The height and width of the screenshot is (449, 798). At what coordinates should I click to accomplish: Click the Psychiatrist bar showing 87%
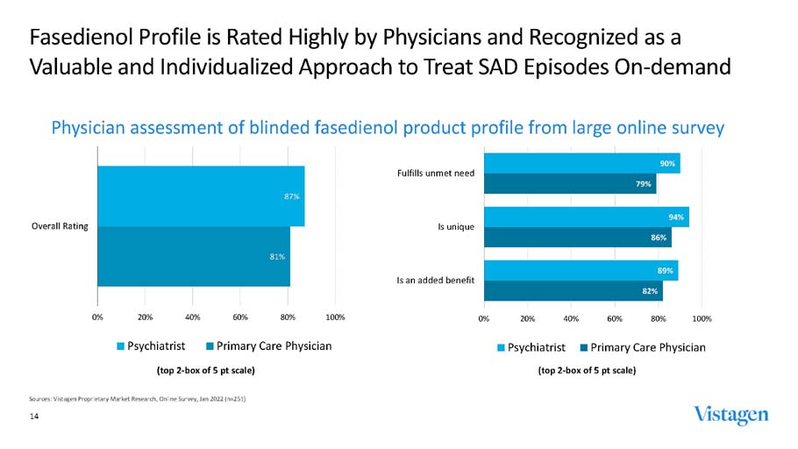click(201, 196)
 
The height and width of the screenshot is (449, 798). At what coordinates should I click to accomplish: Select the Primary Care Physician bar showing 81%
click(194, 256)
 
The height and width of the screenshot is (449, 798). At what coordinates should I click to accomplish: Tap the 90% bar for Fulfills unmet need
click(581, 163)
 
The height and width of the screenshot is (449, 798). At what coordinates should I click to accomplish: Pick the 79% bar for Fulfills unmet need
click(570, 183)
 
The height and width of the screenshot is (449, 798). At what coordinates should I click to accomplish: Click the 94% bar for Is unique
click(586, 217)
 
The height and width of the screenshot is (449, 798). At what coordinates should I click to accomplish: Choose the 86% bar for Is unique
click(577, 237)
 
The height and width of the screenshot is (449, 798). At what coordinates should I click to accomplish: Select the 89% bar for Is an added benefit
click(581, 270)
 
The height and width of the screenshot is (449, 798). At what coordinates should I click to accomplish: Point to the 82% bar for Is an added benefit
click(573, 290)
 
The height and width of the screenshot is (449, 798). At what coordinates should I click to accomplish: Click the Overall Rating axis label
click(59, 226)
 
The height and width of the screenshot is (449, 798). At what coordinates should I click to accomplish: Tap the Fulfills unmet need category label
click(436, 173)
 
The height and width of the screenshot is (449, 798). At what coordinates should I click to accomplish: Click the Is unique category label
click(456, 227)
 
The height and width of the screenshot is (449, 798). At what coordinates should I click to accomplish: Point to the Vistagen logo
click(730, 414)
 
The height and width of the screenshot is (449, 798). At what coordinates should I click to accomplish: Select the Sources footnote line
click(138, 399)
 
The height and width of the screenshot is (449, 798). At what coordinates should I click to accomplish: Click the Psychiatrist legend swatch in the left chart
click(121, 347)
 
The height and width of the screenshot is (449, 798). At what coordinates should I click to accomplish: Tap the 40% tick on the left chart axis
click(193, 317)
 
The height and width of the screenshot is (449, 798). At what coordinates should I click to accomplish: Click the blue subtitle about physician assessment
click(388, 128)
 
